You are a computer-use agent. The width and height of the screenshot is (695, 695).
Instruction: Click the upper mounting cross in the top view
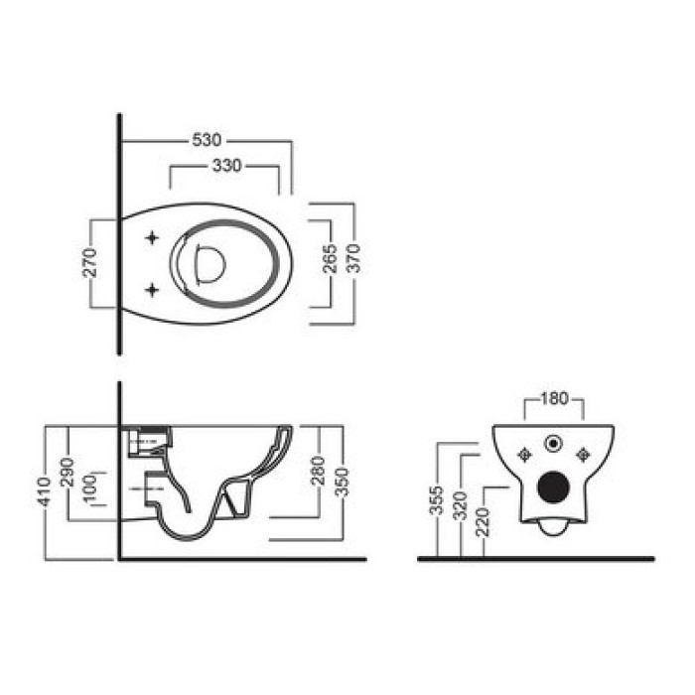(x=152, y=238)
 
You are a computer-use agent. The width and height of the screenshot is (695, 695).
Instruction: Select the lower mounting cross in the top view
(x=152, y=289)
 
